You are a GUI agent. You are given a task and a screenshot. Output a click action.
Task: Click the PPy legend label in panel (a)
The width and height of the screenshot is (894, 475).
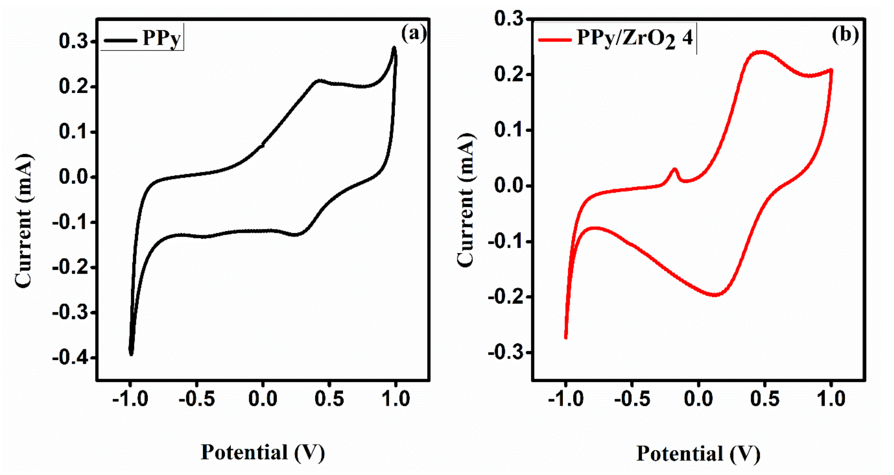click(162, 38)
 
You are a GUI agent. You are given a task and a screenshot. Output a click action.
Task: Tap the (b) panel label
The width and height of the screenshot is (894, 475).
click(845, 35)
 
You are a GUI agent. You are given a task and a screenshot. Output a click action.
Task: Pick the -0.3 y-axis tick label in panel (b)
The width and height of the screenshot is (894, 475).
click(505, 353)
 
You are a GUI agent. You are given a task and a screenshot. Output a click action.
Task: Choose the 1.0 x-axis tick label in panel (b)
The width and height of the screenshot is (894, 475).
click(831, 399)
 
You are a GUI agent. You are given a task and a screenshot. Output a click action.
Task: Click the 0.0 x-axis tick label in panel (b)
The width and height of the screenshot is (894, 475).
click(698, 399)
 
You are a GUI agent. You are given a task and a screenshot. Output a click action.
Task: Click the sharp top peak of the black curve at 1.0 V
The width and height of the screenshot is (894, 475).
click(394, 48)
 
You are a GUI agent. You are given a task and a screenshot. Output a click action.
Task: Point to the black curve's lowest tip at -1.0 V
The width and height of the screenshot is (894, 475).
click(131, 354)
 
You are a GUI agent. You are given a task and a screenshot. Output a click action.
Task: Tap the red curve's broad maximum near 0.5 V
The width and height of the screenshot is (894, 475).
click(761, 52)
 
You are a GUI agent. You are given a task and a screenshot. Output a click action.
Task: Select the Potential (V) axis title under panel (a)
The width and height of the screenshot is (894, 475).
click(263, 453)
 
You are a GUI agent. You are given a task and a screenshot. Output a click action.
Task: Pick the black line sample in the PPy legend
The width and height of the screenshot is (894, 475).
click(120, 40)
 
